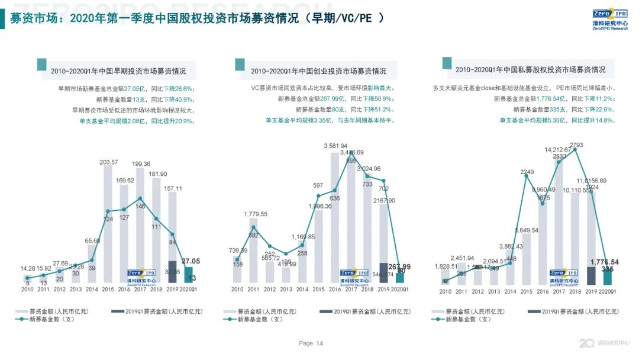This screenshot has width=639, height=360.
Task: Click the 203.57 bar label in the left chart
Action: click(x=108, y=162)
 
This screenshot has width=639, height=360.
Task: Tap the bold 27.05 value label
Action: click(x=190, y=261)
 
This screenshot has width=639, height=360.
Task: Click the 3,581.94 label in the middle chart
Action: click(x=335, y=146)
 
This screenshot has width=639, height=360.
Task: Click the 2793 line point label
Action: click(x=576, y=144)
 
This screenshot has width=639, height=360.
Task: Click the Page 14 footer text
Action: click(x=311, y=343)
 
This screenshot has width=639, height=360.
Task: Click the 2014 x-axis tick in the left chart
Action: click(x=92, y=290)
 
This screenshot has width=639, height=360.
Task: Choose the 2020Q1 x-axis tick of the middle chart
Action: click(x=401, y=290)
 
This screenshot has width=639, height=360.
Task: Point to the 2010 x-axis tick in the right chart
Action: click(x=445, y=291)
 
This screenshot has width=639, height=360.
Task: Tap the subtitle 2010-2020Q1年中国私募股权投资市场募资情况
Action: click(x=530, y=70)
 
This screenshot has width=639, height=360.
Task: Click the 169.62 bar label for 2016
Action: click(x=124, y=180)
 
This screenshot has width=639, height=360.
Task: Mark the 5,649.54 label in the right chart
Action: click(x=527, y=230)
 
